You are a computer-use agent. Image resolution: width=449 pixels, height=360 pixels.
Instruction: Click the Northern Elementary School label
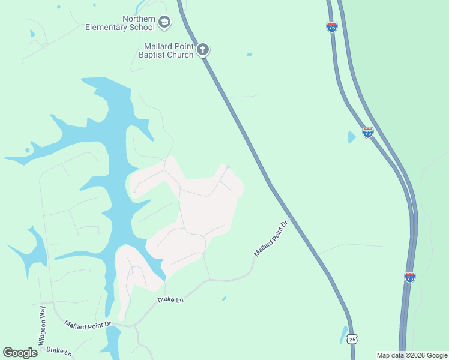[120, 23]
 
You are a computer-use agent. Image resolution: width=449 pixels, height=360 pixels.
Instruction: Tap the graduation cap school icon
[164, 23]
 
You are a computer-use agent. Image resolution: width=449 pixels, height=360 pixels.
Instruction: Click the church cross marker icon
[203, 49]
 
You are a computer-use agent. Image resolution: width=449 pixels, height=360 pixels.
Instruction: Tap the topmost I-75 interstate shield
[331, 26]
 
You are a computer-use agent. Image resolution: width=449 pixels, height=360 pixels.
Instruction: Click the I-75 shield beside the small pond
[367, 132]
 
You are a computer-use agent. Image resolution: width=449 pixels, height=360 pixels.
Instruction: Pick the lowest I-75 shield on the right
[409, 277]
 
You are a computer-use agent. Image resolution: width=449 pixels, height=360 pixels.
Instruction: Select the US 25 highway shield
[352, 339]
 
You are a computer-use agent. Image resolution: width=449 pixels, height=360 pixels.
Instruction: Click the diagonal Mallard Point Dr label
[271, 238]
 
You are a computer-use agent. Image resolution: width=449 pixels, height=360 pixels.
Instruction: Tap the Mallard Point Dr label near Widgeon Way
[88, 324]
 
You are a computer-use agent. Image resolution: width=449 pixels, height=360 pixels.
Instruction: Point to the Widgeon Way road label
[42, 325]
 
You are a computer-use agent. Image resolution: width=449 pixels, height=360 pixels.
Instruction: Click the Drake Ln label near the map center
[170, 299]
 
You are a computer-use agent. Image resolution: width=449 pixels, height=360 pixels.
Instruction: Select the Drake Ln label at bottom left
[59, 351]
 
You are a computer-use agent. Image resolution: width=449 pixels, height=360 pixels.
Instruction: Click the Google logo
[20, 353]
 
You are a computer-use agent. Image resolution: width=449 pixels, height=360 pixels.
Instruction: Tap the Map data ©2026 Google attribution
[412, 355]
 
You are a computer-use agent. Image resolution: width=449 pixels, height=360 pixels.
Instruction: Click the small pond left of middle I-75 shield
[351, 137]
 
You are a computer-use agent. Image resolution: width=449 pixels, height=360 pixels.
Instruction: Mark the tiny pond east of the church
[249, 55]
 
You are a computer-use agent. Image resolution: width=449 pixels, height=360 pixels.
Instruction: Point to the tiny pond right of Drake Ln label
[224, 298]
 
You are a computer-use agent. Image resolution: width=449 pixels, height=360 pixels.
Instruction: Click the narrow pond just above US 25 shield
[343, 333]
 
